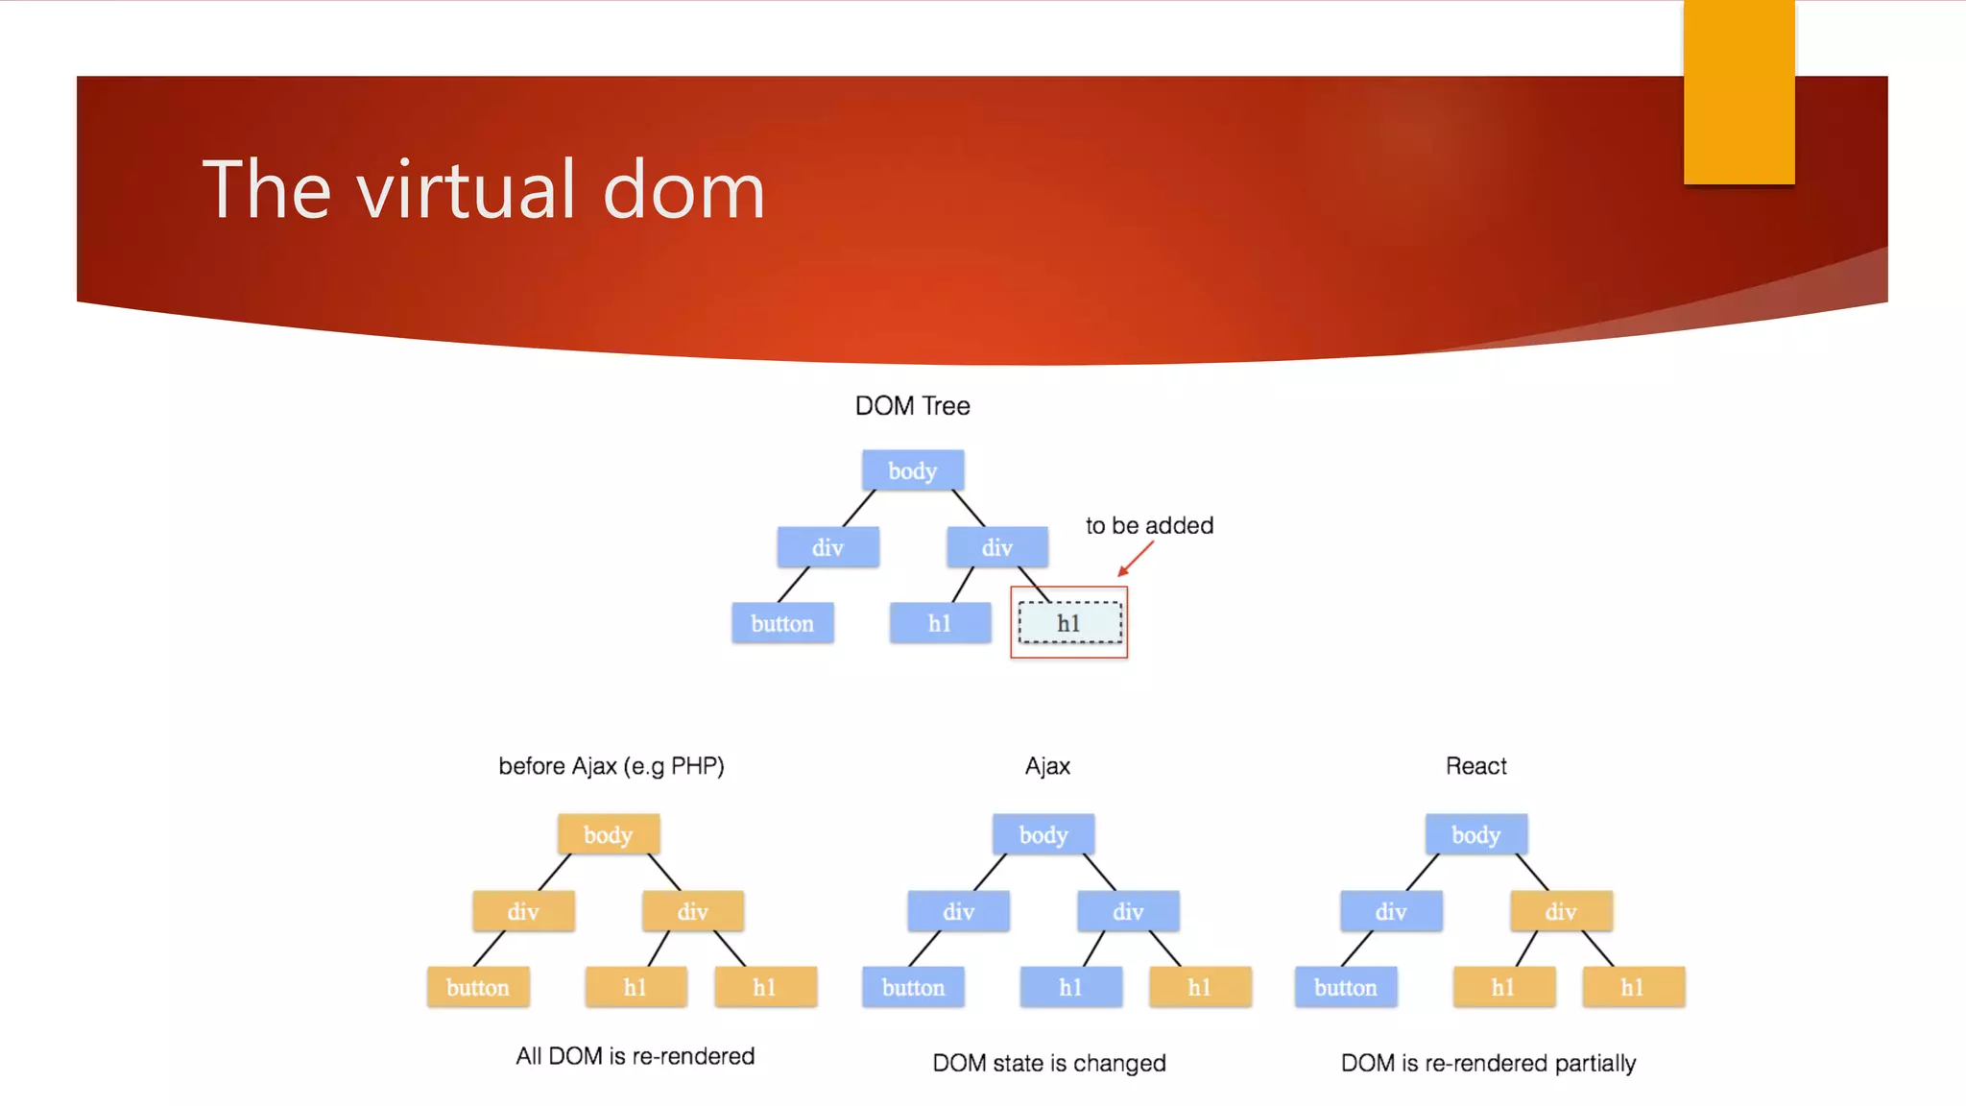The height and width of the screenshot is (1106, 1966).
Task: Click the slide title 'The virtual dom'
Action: [483, 189]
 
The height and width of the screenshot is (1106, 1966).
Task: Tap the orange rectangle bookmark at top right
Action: [1738, 91]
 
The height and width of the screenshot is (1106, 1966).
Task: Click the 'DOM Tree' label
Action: [912, 406]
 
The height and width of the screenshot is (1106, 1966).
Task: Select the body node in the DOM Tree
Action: [912, 470]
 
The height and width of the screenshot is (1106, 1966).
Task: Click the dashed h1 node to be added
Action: [1069, 623]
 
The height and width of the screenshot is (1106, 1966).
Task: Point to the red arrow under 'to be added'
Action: [1135, 559]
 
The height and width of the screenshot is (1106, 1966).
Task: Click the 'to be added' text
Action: [1149, 525]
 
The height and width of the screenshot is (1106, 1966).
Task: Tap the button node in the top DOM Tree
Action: [782, 623]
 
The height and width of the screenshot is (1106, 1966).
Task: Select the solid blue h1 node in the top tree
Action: [940, 623]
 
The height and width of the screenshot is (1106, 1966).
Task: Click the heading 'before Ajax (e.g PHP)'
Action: [611, 766]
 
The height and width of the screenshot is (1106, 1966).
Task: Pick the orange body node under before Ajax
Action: [608, 834]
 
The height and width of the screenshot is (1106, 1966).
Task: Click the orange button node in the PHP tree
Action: [478, 987]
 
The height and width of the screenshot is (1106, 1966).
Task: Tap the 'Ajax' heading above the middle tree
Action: [1047, 766]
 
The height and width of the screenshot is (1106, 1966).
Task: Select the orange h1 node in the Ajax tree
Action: [1200, 987]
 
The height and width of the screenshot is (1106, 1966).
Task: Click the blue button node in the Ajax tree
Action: [913, 987]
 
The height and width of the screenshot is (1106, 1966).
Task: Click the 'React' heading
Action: [1475, 766]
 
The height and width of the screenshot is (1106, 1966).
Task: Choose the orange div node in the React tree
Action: [1561, 911]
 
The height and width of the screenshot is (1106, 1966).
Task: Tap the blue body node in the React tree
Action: [1475, 834]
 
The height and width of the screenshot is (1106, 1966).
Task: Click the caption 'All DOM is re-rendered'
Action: [635, 1056]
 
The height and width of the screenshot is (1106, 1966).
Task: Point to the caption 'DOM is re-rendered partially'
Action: [1488, 1063]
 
